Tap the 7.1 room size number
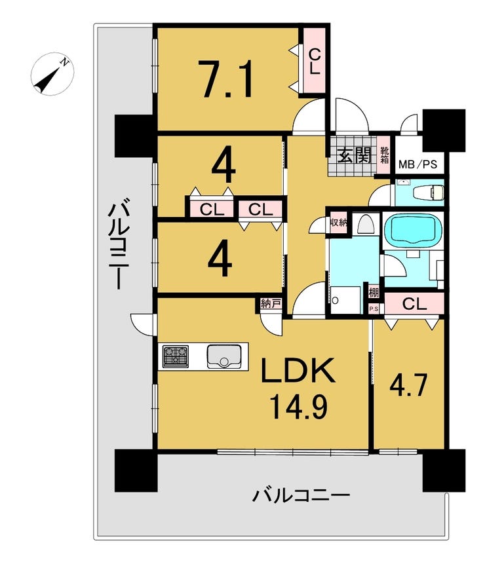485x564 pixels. click(226, 78)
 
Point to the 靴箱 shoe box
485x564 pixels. click(384, 155)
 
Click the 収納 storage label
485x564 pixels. click(338, 221)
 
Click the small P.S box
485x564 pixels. click(374, 309)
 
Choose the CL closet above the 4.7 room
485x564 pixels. click(416, 303)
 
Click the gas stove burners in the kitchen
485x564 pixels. click(176, 356)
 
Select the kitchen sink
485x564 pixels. click(224, 356)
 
